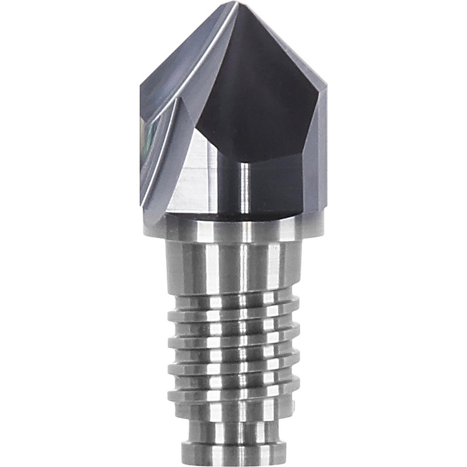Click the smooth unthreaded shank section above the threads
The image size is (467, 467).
pos(233,266)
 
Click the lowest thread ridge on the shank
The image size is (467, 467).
pos(233,392)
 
